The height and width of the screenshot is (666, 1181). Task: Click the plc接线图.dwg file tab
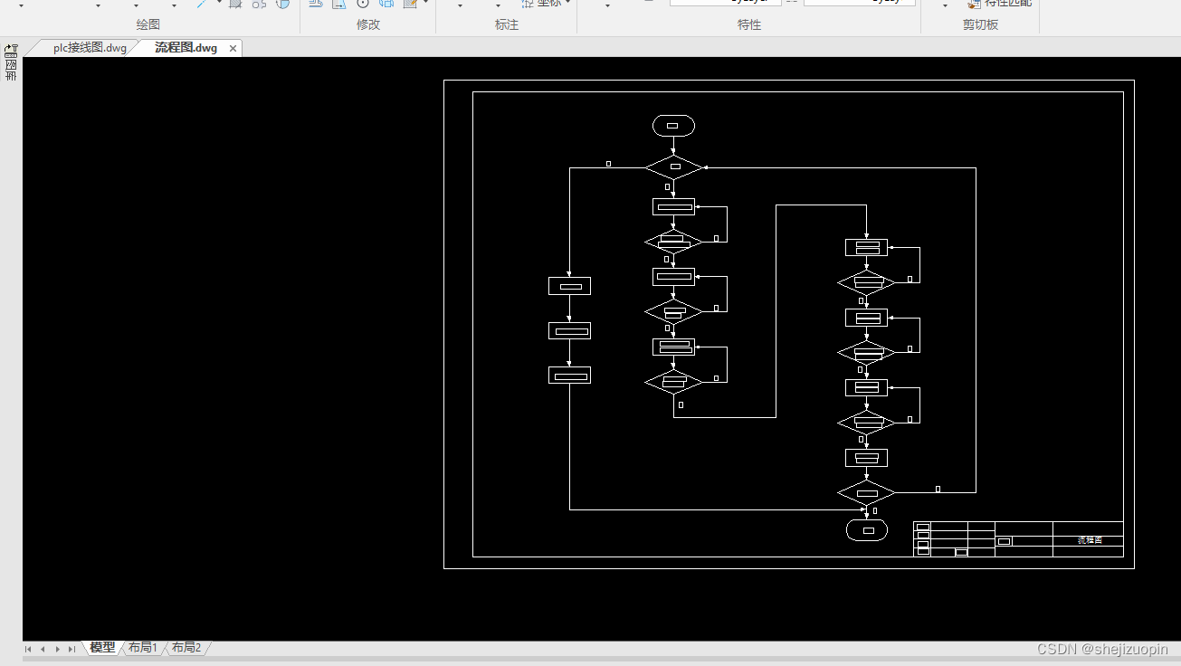tap(90, 48)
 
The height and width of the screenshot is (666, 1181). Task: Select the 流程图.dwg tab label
tap(186, 48)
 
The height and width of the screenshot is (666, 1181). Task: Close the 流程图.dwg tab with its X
tap(233, 49)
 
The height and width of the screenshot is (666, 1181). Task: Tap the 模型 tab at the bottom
tap(102, 648)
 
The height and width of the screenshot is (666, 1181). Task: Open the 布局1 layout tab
tap(143, 648)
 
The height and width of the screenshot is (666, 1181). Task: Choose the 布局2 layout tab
tap(186, 648)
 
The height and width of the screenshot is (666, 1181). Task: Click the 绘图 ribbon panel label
tap(148, 25)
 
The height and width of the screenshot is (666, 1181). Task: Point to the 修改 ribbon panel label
tap(368, 25)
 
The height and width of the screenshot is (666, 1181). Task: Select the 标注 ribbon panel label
tap(507, 25)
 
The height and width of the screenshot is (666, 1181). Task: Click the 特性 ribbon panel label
tap(749, 25)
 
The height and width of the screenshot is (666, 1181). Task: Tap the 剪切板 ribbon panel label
tap(980, 25)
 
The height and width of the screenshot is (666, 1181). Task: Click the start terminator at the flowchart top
tap(673, 126)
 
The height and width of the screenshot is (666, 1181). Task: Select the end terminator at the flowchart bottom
tap(867, 530)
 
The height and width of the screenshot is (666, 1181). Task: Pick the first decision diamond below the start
tap(674, 167)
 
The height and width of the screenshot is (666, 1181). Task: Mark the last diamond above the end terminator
tap(866, 493)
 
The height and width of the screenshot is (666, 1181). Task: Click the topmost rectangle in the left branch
tap(569, 286)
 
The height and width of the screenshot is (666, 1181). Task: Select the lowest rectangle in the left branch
tap(569, 375)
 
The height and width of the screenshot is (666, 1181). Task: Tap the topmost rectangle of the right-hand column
tap(866, 247)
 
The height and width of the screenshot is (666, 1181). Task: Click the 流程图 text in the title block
tap(1090, 540)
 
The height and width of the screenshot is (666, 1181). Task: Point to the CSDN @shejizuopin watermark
tap(1101, 649)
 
